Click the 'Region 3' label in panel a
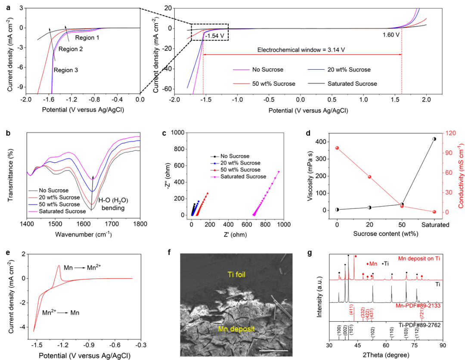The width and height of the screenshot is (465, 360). point(66,70)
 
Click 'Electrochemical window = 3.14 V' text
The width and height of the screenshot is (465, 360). point(301,50)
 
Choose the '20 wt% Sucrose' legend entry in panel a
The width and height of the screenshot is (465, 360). point(348,69)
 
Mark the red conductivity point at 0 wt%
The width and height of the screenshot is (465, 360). point(337,148)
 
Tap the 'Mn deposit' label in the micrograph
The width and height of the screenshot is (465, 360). point(236,329)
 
